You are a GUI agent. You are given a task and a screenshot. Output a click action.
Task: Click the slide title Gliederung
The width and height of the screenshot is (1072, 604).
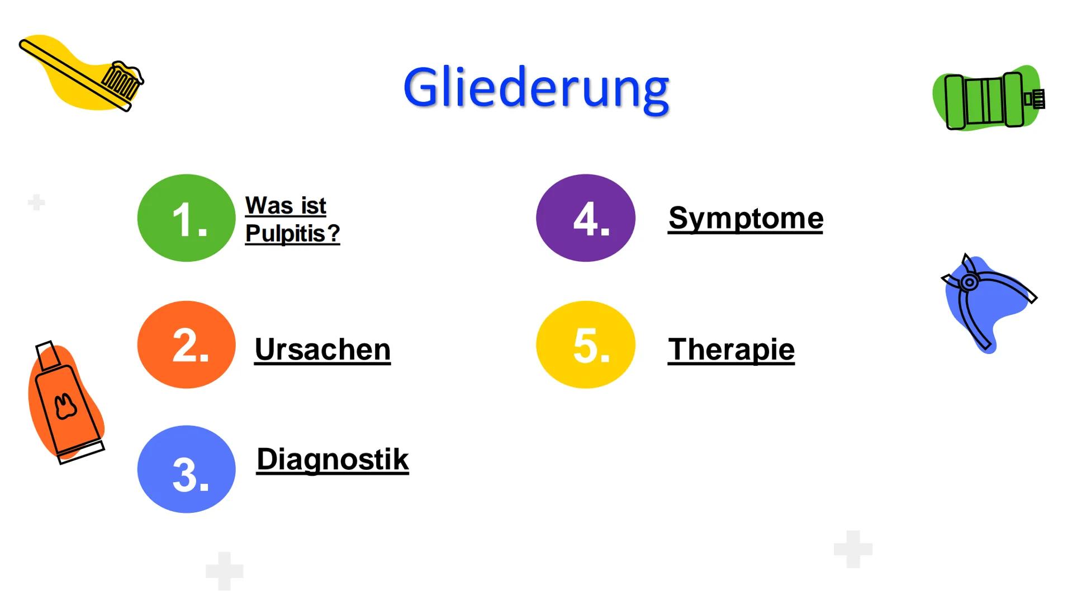536,89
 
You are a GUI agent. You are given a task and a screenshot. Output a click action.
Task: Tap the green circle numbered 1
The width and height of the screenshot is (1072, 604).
186,218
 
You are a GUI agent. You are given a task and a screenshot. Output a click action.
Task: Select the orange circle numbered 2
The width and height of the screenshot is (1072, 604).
186,345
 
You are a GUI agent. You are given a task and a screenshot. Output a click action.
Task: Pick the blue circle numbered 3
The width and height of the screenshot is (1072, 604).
186,469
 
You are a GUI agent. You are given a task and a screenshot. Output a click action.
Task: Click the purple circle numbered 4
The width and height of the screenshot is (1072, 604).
585,218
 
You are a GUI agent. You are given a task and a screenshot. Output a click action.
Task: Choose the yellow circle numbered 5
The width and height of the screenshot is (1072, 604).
585,345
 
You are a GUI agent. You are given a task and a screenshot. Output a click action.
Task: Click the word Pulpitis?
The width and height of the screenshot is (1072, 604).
292,233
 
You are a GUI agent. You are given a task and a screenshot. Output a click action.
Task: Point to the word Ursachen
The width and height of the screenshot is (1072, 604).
322,350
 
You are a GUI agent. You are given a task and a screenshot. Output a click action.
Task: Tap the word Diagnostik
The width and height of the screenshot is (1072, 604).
333,460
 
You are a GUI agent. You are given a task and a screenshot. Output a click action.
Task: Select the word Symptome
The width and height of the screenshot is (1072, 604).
746,218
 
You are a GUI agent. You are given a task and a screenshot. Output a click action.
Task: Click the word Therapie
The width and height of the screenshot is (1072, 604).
731,350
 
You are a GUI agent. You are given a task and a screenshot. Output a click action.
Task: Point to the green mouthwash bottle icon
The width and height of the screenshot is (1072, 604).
988,98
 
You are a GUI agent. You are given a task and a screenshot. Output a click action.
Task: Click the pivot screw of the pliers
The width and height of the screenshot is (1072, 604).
969,282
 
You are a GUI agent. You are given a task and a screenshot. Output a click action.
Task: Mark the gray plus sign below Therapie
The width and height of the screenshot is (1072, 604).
853,549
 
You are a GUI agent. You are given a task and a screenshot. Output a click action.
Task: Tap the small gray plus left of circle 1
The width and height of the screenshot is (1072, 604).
36,202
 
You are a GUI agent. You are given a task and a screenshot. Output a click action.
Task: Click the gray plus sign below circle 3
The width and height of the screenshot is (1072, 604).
225,571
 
